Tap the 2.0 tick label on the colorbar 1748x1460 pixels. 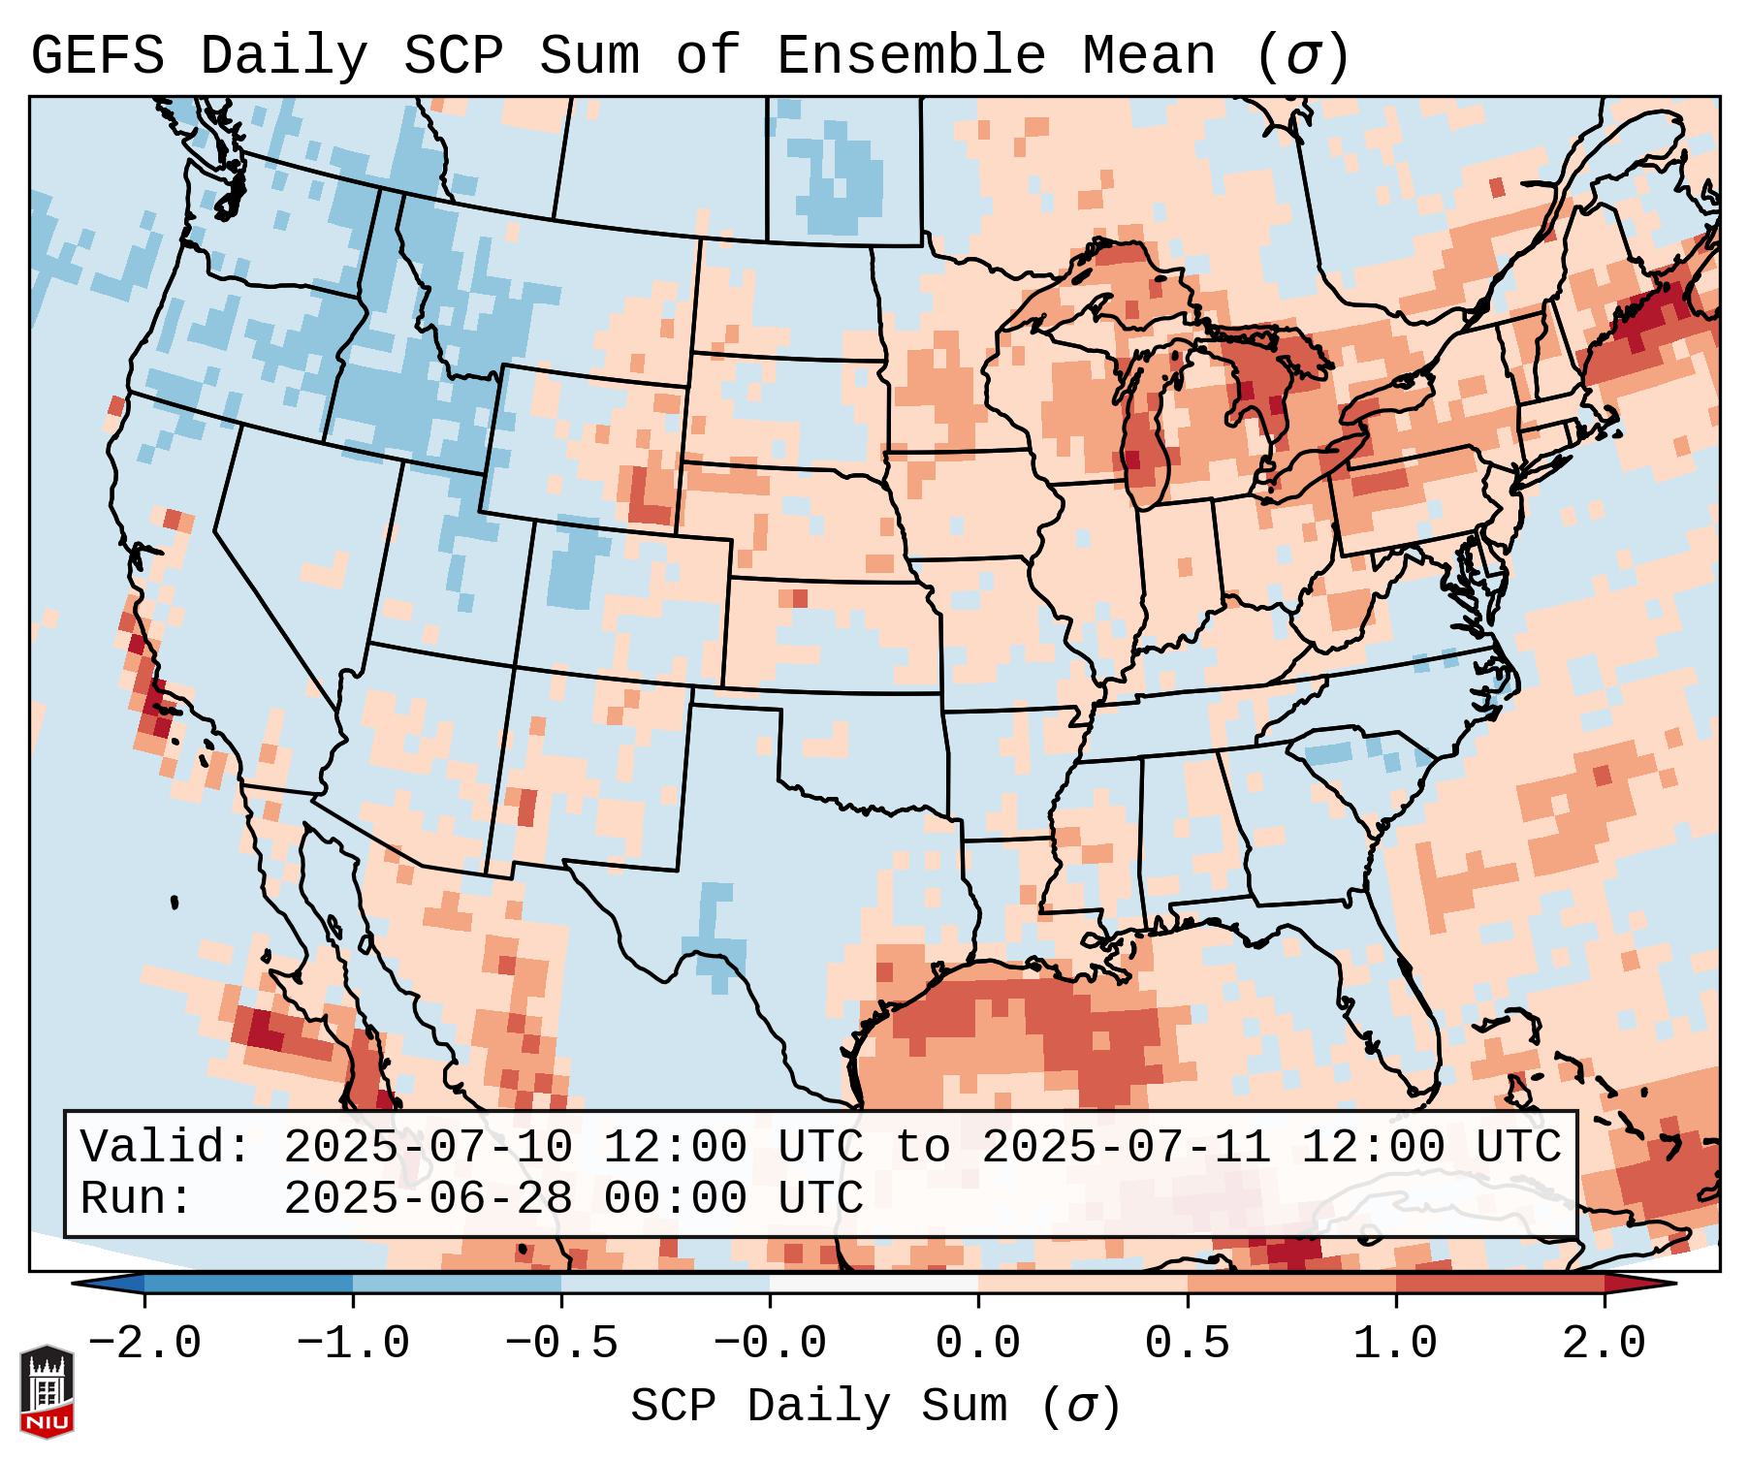(1604, 1344)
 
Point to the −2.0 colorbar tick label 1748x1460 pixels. (144, 1344)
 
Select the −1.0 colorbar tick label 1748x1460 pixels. (353, 1344)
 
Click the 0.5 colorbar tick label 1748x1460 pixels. (1187, 1344)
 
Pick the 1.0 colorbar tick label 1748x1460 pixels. (1395, 1344)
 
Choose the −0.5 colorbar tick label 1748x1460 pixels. (561, 1344)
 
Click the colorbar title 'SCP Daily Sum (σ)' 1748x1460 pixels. (875, 1406)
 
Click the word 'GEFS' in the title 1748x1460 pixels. (98, 56)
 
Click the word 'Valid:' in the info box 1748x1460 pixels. (166, 1148)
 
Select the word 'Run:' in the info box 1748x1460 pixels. (137, 1198)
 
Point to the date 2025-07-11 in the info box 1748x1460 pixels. (1126, 1148)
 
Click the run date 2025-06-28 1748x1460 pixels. (428, 1198)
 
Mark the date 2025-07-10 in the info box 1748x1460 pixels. (428, 1148)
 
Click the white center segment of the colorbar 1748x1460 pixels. (874, 1284)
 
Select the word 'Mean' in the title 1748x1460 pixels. (1149, 56)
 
